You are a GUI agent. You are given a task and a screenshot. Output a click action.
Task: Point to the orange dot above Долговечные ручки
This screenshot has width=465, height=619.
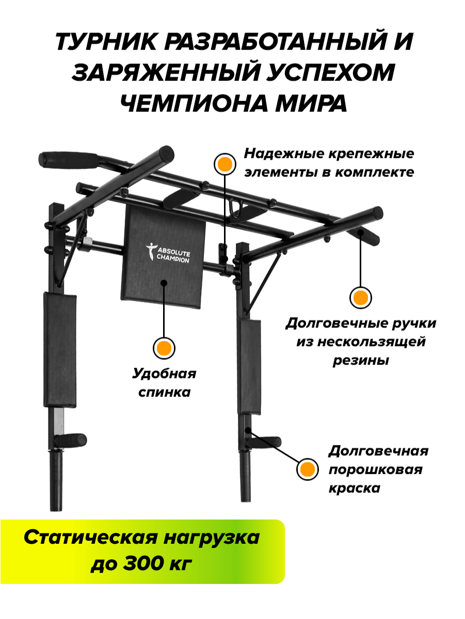click(x=360, y=297)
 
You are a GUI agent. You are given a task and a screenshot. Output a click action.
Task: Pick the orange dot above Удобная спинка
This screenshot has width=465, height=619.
click(x=164, y=348)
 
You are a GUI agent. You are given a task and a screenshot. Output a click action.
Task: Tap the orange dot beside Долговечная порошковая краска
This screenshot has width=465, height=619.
click(x=307, y=469)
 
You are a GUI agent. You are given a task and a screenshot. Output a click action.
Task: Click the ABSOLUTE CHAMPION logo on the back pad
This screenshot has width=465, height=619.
click(x=167, y=252)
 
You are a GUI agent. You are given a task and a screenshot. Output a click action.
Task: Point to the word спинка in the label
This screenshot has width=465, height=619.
click(x=165, y=392)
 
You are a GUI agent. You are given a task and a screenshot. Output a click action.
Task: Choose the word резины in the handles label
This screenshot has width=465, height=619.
click(x=360, y=360)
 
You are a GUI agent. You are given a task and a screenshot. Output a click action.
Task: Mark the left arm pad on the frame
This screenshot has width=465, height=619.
click(x=60, y=348)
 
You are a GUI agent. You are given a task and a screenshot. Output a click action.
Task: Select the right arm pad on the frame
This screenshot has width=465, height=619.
click(x=249, y=366)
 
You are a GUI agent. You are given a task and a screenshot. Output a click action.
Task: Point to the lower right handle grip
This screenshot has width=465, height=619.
click(x=270, y=441)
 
